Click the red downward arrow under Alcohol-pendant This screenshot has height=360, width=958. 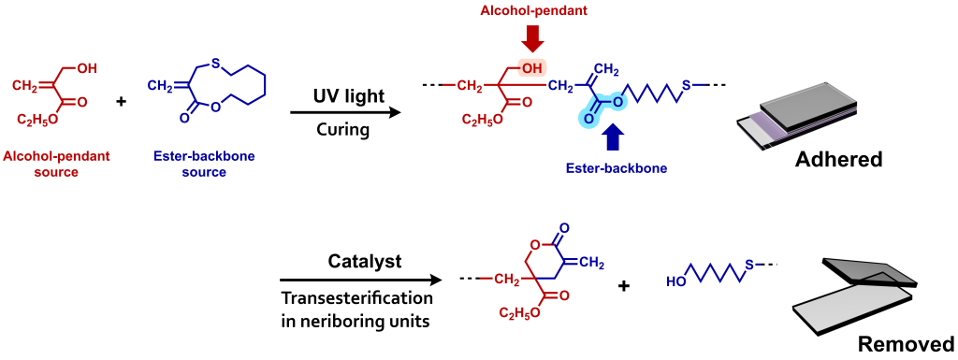coord(533,37)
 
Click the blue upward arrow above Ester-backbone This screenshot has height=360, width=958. coord(613,137)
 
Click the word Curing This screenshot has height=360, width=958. coord(345,130)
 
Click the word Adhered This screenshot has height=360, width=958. coord(838,159)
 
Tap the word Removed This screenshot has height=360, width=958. coord(906,342)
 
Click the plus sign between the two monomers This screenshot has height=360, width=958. coord(121,100)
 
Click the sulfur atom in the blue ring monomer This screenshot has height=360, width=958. coord(215,64)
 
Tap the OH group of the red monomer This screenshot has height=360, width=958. coord(86,68)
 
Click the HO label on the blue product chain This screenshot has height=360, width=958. coord(677,281)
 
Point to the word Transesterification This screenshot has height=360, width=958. coord(358,298)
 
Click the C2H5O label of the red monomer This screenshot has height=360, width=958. coord(36,120)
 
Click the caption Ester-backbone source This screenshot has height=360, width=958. coord(191,165)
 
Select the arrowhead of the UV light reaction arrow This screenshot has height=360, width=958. coord(394,112)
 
